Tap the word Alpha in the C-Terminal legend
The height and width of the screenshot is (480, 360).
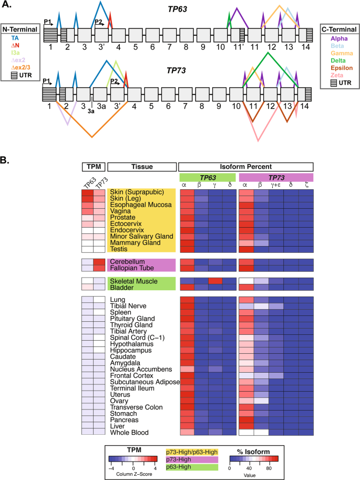tap(340, 38)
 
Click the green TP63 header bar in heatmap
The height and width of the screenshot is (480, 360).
tap(207, 178)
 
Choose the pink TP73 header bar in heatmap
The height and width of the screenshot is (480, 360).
tap(276, 178)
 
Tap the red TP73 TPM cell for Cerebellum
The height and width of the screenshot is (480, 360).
tap(100, 262)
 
